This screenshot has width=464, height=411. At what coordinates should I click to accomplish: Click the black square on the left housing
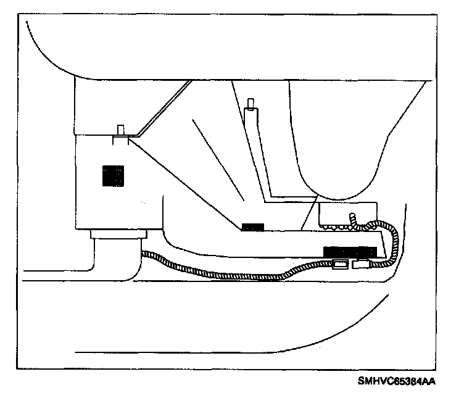point(113,176)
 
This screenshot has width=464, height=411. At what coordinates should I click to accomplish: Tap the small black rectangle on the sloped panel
point(252,226)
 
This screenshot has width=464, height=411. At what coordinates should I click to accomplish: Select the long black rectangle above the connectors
point(350,251)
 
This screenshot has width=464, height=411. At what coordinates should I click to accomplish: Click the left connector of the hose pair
point(340,265)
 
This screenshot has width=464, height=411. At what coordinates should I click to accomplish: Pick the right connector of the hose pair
point(362,265)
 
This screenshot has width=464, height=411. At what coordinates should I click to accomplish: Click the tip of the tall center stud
point(249,102)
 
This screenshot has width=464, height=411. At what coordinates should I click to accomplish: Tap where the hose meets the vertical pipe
point(143,252)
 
